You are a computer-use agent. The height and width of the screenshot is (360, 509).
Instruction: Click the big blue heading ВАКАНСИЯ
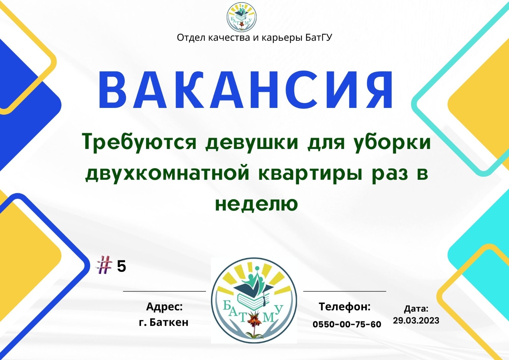click(245, 89)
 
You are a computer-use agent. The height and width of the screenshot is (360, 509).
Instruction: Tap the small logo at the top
click(241, 17)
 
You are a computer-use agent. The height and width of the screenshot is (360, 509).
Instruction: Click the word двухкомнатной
click(167, 174)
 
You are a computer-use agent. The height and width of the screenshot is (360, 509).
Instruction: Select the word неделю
click(256, 204)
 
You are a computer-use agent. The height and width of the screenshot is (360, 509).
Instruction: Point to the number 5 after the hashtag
click(121, 266)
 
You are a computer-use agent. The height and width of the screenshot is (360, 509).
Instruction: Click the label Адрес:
click(164, 307)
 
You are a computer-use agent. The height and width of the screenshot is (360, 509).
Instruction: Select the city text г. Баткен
click(164, 322)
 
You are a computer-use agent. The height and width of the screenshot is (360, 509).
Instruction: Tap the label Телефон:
click(345, 307)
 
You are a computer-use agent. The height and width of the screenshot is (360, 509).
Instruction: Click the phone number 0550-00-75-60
click(347, 324)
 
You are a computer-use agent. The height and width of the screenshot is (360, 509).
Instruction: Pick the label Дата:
click(416, 309)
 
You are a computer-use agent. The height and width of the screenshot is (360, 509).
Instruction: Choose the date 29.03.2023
click(416, 321)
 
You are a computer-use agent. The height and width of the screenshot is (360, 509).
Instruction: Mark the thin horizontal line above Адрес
click(164, 291)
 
